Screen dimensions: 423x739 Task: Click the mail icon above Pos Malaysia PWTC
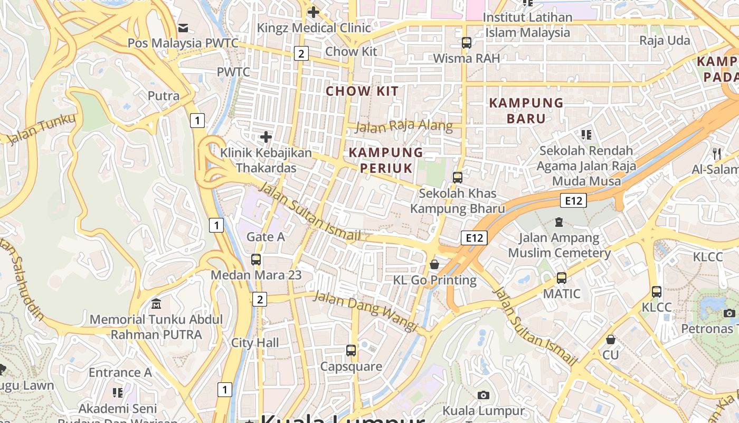click(x=183, y=28)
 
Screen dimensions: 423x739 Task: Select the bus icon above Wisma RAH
click(x=466, y=43)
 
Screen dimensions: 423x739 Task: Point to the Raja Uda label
click(x=664, y=41)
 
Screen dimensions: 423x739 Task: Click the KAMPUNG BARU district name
click(x=526, y=111)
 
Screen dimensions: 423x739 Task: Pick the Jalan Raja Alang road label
click(x=404, y=126)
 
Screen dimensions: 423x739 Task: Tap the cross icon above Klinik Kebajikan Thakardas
click(x=266, y=137)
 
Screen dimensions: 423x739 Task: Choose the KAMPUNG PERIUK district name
click(x=386, y=160)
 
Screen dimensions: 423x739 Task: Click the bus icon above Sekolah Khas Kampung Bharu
click(x=458, y=178)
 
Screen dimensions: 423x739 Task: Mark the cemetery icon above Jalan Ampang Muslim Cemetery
click(x=559, y=222)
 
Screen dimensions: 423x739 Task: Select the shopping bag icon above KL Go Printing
click(x=434, y=264)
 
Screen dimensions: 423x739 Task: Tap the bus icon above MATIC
click(x=562, y=278)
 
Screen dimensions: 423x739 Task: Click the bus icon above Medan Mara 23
click(x=256, y=260)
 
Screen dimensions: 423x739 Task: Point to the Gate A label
click(x=266, y=237)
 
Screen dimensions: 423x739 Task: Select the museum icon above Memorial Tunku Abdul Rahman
click(x=156, y=304)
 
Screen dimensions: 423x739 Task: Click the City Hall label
click(x=255, y=343)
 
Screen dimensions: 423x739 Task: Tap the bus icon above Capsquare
click(x=351, y=350)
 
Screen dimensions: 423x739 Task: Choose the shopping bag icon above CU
click(x=611, y=339)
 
